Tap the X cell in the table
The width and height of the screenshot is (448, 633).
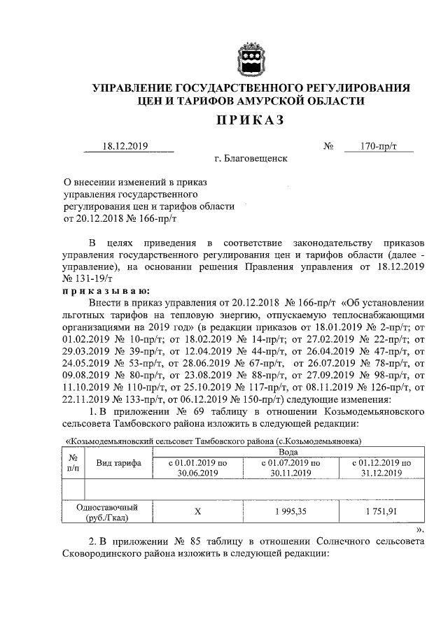coord(198,511)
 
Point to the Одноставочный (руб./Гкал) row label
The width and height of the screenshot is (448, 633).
coord(108,512)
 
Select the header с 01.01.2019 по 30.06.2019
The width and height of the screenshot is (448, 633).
coord(198,468)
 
